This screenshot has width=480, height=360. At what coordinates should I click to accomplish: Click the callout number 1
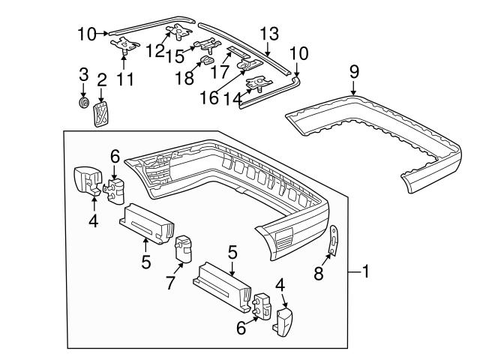pyautogui.click(x=365, y=271)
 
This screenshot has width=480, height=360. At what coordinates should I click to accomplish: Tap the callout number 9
pyautogui.click(x=354, y=71)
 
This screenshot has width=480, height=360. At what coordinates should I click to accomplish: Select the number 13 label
pyautogui.click(x=269, y=34)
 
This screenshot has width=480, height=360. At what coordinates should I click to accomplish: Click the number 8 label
pyautogui.click(x=319, y=274)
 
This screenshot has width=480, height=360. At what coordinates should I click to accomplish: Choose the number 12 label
pyautogui.click(x=155, y=50)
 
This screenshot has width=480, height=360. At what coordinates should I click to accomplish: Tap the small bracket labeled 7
pyautogui.click(x=184, y=247)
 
